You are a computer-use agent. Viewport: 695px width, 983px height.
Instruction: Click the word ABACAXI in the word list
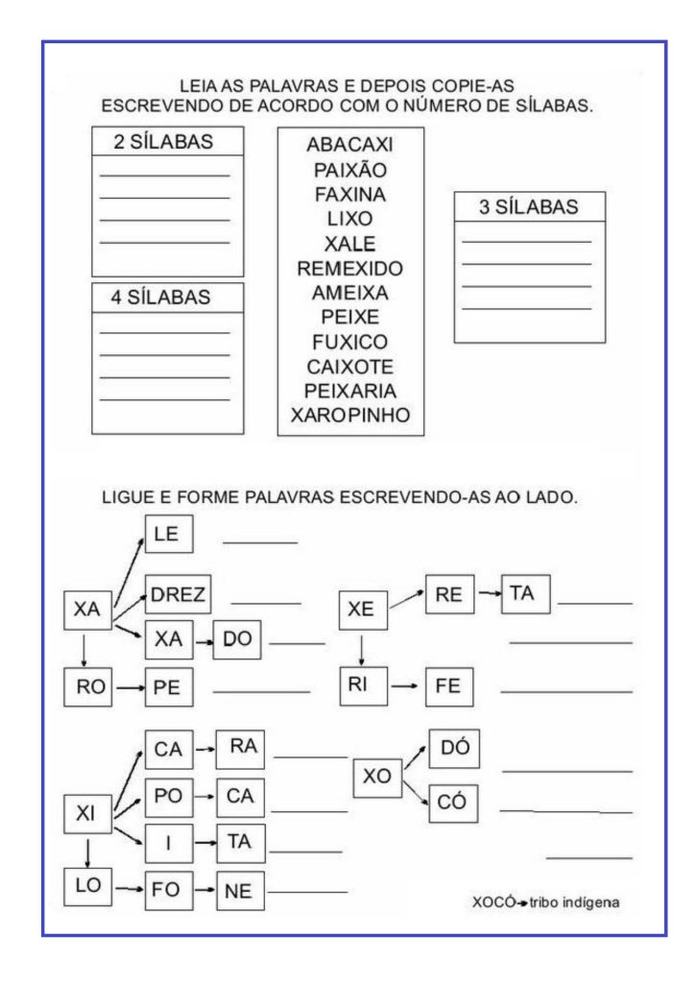350,145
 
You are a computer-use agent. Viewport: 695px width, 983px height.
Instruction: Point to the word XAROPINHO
350,416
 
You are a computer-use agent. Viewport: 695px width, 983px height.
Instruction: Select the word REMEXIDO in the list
350,267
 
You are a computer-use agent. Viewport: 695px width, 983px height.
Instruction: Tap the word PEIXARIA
350,391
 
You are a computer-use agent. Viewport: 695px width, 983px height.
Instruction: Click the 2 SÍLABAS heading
163,142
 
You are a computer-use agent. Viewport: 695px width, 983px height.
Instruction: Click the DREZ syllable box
178,595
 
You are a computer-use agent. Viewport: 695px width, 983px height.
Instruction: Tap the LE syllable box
169,534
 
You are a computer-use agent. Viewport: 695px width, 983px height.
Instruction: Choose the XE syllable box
361,609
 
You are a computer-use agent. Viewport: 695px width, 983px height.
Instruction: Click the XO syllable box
377,777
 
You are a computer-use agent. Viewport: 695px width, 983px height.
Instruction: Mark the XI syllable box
86,814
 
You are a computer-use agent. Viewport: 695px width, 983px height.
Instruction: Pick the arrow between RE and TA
489,594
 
